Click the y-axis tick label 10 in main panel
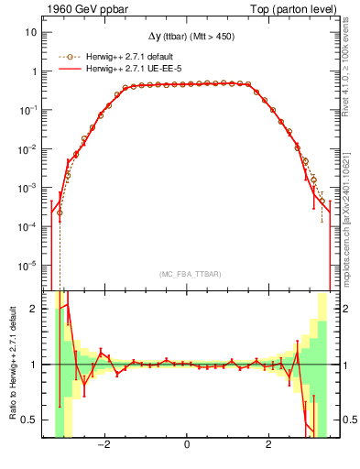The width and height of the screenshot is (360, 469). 30,32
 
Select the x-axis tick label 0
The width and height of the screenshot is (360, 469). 187,445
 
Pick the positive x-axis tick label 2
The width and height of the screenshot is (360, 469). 268,445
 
